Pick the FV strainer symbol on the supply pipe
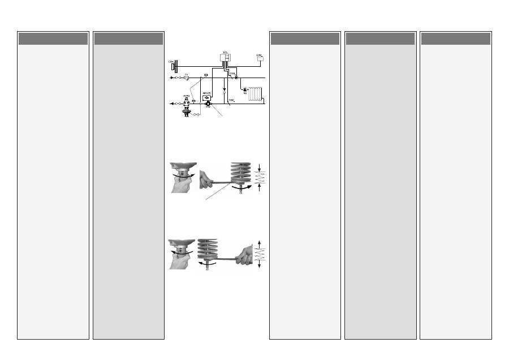click(x=187, y=78)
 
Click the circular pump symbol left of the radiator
click(x=244, y=89)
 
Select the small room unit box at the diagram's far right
click(x=261, y=59)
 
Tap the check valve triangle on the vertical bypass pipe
click(x=225, y=89)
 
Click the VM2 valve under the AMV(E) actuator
click(x=208, y=104)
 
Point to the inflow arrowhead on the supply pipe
click(x=172, y=78)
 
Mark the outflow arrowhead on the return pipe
click(x=172, y=104)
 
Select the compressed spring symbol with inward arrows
click(x=260, y=177)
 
